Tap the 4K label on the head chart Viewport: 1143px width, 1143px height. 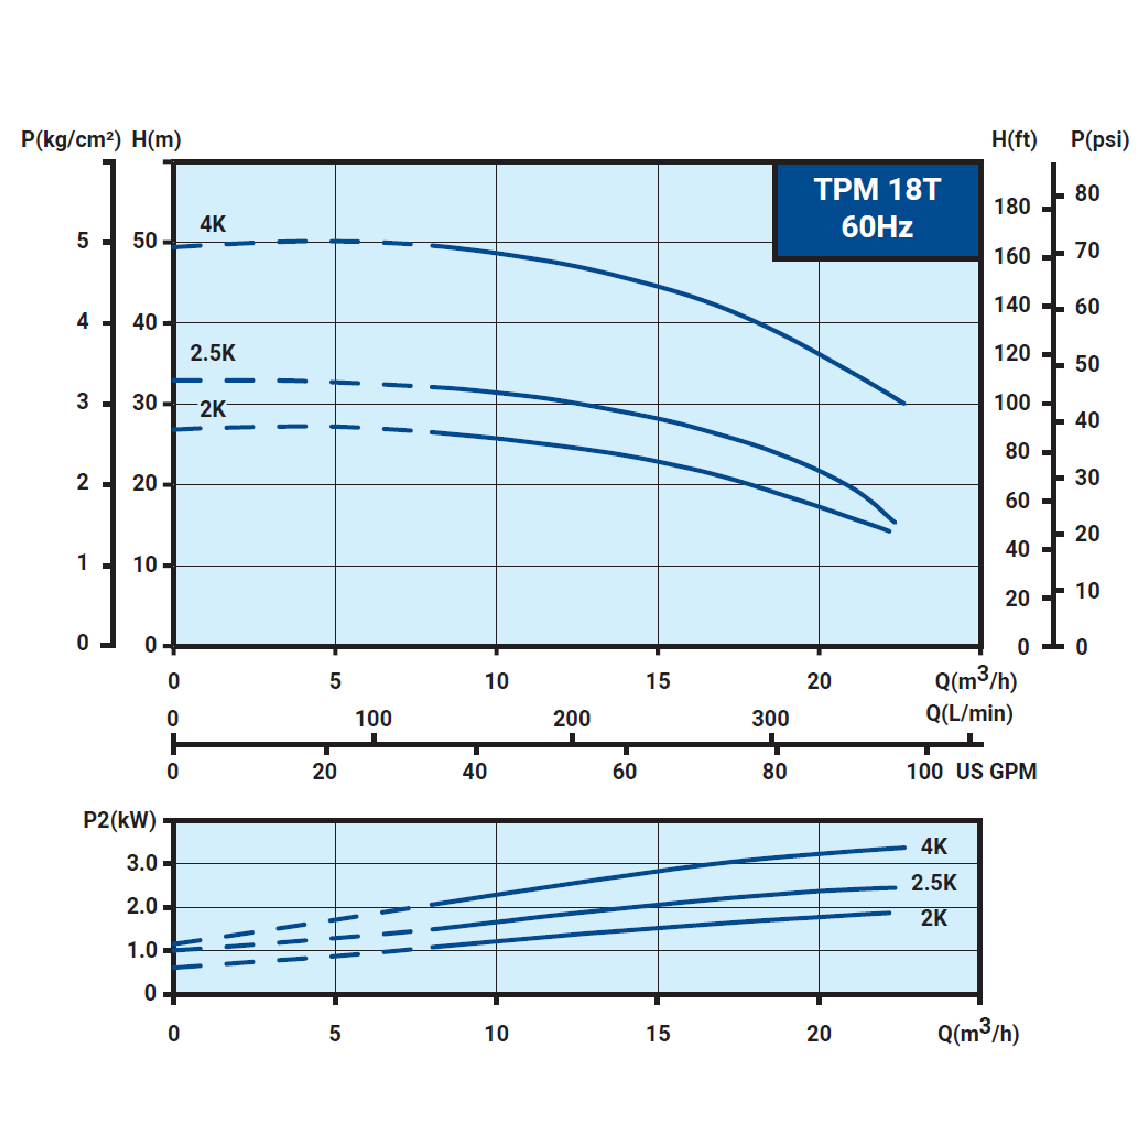pyautogui.click(x=212, y=224)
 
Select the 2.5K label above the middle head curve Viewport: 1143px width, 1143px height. pyautogui.click(x=212, y=353)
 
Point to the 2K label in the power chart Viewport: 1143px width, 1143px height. pyautogui.click(x=934, y=918)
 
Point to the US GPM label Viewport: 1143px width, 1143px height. pyautogui.click(x=996, y=771)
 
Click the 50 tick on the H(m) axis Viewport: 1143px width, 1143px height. pyautogui.click(x=144, y=241)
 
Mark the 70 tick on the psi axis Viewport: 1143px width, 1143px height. pyautogui.click(x=1087, y=251)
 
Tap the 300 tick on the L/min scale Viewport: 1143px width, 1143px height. pyautogui.click(x=770, y=719)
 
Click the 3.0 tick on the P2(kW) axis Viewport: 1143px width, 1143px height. pyautogui.click(x=142, y=863)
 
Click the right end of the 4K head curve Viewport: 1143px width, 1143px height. pyautogui.click(x=903, y=403)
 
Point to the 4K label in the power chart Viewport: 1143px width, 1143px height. pyautogui.click(x=934, y=847)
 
